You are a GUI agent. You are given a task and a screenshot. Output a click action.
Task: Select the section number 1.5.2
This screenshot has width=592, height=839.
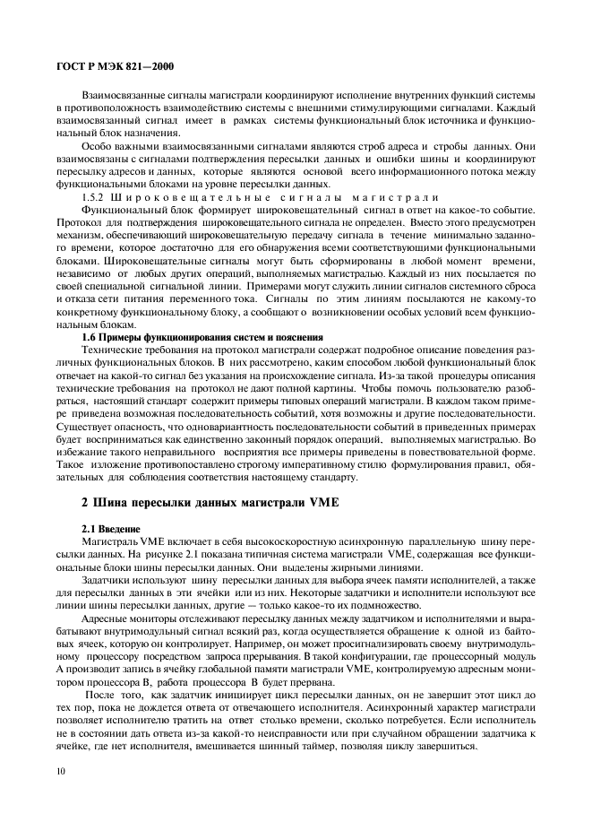(95, 196)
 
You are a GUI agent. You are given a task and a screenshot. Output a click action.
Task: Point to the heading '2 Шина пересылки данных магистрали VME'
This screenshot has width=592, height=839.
(206, 503)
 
